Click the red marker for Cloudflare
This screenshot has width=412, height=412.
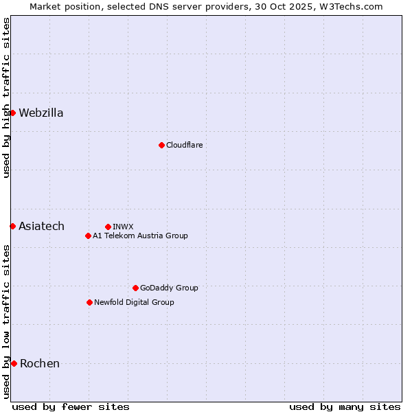[161, 145]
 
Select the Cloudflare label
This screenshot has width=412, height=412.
[184, 145]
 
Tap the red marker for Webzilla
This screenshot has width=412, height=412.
[12, 113]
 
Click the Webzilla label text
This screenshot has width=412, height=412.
[41, 113]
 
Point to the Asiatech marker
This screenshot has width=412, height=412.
[12, 226]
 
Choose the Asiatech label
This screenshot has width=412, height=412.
[41, 227]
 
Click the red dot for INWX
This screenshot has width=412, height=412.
[108, 227]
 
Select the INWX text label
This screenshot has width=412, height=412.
[123, 227]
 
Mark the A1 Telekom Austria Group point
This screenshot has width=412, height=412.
[88, 236]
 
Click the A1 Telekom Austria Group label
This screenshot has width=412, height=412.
[140, 236]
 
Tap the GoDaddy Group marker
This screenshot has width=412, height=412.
[135, 288]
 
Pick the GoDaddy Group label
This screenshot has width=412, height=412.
[169, 288]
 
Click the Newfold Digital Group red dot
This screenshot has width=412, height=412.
[89, 302]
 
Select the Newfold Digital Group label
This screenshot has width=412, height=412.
[134, 302]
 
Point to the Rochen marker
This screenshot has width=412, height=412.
[14, 363]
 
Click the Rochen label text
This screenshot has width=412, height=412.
[40, 364]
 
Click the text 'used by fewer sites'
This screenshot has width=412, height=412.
[71, 407]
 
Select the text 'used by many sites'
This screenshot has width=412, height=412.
[345, 407]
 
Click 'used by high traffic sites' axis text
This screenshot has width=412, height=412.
[6, 98]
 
